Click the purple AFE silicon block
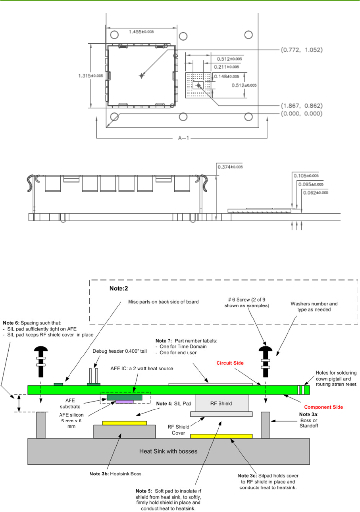click(x=124, y=402)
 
